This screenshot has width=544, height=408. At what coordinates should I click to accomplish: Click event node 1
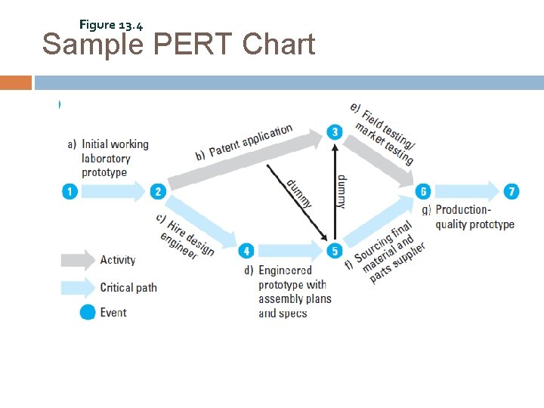tap(70, 192)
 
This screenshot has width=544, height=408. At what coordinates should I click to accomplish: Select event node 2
tap(158, 192)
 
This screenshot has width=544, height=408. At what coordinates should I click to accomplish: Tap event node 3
tap(335, 133)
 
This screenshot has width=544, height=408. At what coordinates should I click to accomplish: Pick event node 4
tap(246, 251)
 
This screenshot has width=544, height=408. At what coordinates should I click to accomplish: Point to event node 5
tap(335, 251)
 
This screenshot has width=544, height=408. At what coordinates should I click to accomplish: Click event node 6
tap(424, 192)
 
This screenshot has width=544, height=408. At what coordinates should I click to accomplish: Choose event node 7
tap(512, 192)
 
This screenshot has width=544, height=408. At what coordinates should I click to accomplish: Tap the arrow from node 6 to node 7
tap(468, 192)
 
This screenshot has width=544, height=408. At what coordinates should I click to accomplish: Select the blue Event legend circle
tap(88, 312)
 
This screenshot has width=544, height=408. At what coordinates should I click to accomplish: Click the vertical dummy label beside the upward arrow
tap(342, 191)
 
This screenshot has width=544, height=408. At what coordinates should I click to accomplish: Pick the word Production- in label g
tap(463, 210)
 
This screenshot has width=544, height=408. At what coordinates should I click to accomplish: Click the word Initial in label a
tap(96, 144)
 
